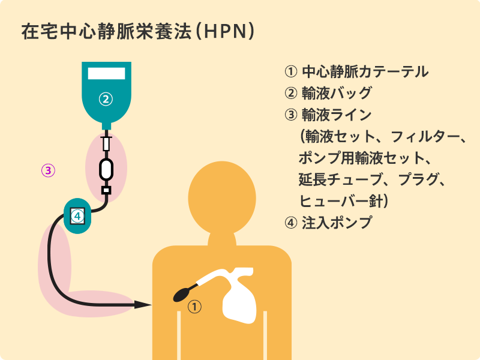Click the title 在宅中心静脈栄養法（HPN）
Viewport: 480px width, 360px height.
[x=139, y=31]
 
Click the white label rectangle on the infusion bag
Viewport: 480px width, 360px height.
[x=106, y=73]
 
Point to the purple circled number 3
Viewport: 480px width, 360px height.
[x=49, y=170]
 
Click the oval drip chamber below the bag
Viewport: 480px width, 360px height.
[x=106, y=169]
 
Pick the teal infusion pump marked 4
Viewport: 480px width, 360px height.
[x=77, y=215]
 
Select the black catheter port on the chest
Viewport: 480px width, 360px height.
[x=182, y=295]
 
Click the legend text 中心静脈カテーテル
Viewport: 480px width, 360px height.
[x=365, y=72]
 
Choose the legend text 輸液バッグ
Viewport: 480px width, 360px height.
[x=337, y=94]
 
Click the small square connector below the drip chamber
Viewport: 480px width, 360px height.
[x=106, y=191]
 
